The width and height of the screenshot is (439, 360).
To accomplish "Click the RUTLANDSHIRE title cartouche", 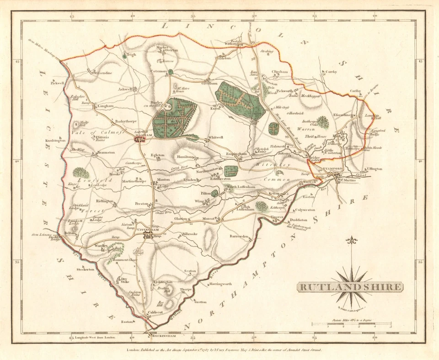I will click(351, 287).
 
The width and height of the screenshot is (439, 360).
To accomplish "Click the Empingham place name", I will click(236, 154).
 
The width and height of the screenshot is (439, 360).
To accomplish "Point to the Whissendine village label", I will click(102, 73).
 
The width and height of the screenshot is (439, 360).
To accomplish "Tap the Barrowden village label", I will click(239, 237).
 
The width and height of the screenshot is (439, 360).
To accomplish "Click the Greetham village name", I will click(208, 84).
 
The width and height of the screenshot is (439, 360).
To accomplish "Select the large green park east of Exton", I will click(240, 100).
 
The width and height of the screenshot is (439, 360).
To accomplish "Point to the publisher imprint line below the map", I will click(224, 349).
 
